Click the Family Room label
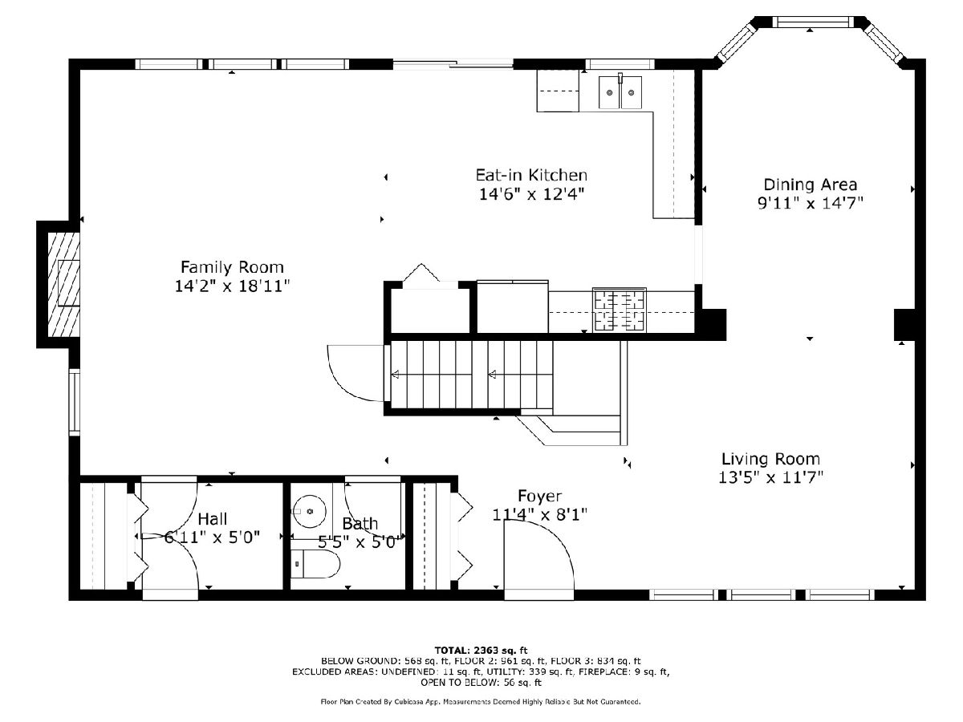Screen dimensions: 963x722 232,267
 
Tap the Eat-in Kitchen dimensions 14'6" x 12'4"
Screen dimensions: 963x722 531,194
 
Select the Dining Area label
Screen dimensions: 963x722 811,185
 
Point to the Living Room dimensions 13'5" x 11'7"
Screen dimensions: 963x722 771,477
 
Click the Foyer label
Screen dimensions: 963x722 539,497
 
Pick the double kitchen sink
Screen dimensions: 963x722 620,92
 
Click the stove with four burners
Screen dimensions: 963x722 620,310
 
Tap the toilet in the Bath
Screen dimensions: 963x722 315,563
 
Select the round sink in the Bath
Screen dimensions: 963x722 310,511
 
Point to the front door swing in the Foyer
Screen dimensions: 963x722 538,556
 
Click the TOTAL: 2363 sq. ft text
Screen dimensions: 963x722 481,651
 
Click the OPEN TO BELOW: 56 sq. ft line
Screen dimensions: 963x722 481,683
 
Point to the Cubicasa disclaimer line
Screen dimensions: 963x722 481,702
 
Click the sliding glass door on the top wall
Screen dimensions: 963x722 453,64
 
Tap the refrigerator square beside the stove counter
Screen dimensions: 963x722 513,306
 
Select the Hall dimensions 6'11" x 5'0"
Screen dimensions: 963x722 212,537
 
